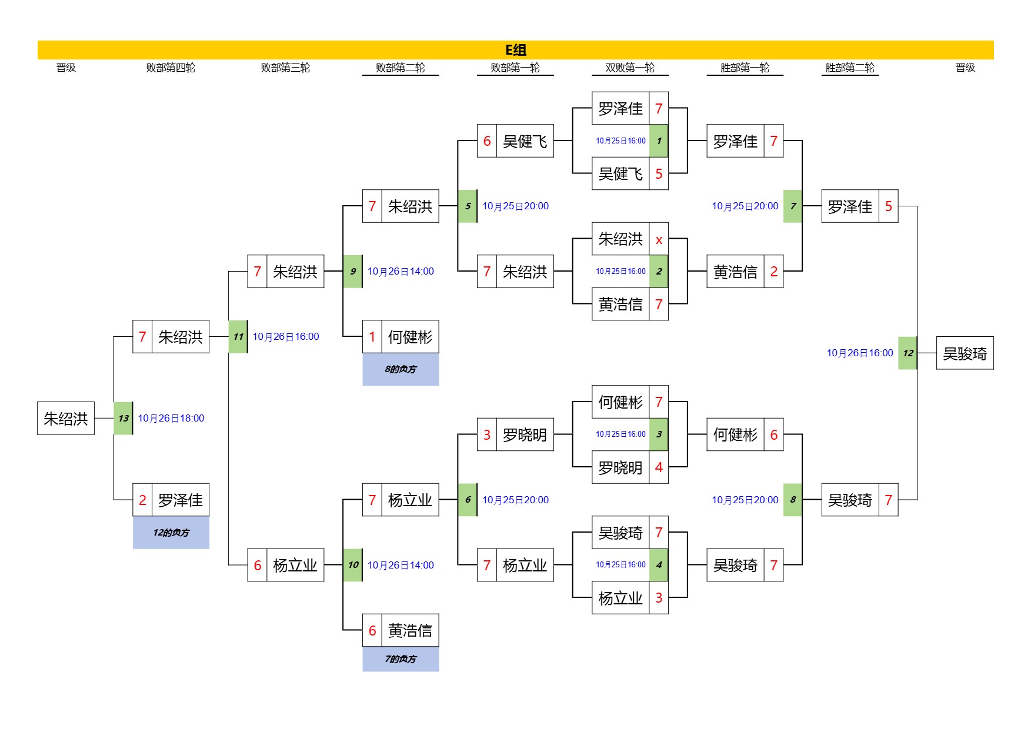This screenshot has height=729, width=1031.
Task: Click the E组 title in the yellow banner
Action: pos(515,50)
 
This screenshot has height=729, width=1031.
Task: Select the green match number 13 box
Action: pos(123,418)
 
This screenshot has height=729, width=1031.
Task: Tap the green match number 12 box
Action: pos(907,353)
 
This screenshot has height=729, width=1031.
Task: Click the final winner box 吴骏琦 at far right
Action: pos(965,353)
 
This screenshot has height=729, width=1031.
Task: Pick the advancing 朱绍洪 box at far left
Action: pos(66,418)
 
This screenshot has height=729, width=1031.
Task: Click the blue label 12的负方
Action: pos(171,533)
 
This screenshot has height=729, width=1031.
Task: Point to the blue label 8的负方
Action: pos(401,369)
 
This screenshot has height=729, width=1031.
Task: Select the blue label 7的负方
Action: pos(401,659)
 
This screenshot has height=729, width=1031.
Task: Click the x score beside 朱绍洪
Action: pos(659,239)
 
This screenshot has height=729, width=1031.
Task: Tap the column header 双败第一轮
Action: pos(630,68)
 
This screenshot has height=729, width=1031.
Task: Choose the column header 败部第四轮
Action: pos(171,68)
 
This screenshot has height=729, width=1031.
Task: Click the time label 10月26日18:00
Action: pos(171,418)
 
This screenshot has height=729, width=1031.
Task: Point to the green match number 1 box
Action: pos(659,141)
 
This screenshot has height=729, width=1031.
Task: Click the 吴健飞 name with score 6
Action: pos(525,141)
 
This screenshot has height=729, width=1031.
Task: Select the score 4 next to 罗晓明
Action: pos(659,467)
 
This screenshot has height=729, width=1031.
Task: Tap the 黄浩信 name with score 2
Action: pos(735,272)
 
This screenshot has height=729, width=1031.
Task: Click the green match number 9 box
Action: pos(352,271)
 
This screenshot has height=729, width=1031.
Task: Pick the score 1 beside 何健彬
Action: pos(372,337)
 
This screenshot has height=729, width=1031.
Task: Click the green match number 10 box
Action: pos(352,565)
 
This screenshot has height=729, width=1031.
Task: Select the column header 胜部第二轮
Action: pos(850,68)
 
